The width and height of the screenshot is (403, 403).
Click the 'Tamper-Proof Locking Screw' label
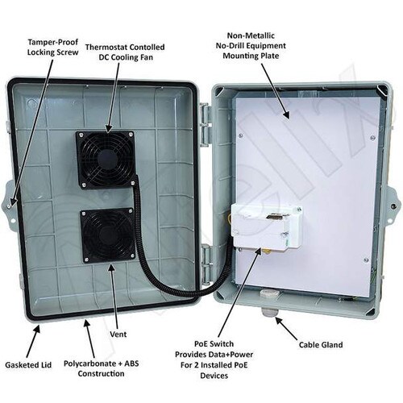53,47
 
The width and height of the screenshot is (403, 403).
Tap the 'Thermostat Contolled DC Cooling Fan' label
125,52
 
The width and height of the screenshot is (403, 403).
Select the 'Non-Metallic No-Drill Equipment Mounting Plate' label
251,46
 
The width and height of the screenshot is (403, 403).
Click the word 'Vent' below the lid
118,334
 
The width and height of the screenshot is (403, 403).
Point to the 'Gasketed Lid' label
28,365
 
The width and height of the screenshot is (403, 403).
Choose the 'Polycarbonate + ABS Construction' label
102,368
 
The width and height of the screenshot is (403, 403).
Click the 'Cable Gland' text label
321,345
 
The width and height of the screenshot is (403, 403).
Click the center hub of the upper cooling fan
106,159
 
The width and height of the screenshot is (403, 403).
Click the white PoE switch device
267,225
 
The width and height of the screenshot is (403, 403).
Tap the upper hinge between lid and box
206,122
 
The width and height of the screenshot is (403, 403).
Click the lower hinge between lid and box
206,264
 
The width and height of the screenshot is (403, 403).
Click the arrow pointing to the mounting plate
275,91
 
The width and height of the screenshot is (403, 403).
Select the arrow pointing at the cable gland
285,328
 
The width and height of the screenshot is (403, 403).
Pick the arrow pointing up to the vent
115,295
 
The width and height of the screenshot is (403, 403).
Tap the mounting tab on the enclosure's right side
393,206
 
